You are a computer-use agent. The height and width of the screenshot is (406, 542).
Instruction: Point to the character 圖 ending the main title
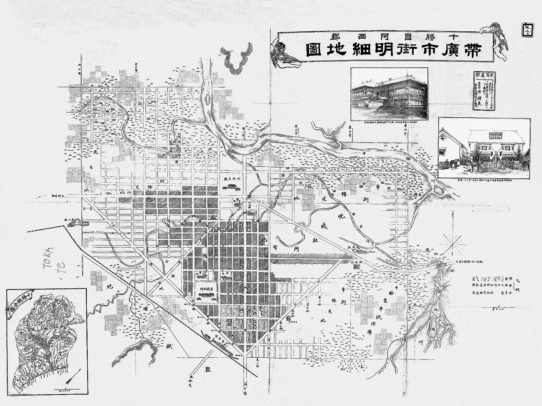click(316, 49)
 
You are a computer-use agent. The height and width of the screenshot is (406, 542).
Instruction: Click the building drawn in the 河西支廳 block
click(231, 188)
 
